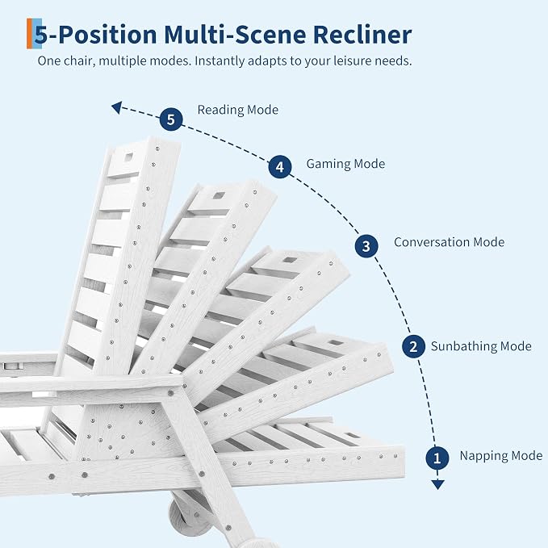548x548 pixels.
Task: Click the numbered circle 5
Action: (x=171, y=119)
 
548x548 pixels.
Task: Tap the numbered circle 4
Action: (x=280, y=167)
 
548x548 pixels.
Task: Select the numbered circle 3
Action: (x=366, y=246)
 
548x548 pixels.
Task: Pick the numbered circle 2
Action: (x=413, y=346)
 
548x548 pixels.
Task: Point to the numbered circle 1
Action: (x=437, y=458)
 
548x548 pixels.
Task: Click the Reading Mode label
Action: (x=237, y=110)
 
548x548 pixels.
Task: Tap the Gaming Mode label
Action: (x=345, y=164)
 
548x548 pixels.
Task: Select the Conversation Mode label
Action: (x=449, y=242)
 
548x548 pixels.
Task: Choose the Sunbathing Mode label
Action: (x=481, y=346)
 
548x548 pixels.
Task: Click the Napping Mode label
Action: (x=501, y=455)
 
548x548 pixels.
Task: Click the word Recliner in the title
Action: (x=362, y=35)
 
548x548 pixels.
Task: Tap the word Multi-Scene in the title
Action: (x=235, y=35)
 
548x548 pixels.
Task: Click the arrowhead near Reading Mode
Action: (x=117, y=107)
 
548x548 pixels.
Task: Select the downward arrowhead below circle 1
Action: (x=437, y=484)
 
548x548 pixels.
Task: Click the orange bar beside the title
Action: (x=29, y=34)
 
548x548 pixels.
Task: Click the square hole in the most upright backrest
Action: (x=128, y=157)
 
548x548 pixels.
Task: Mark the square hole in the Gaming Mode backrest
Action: (x=219, y=195)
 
